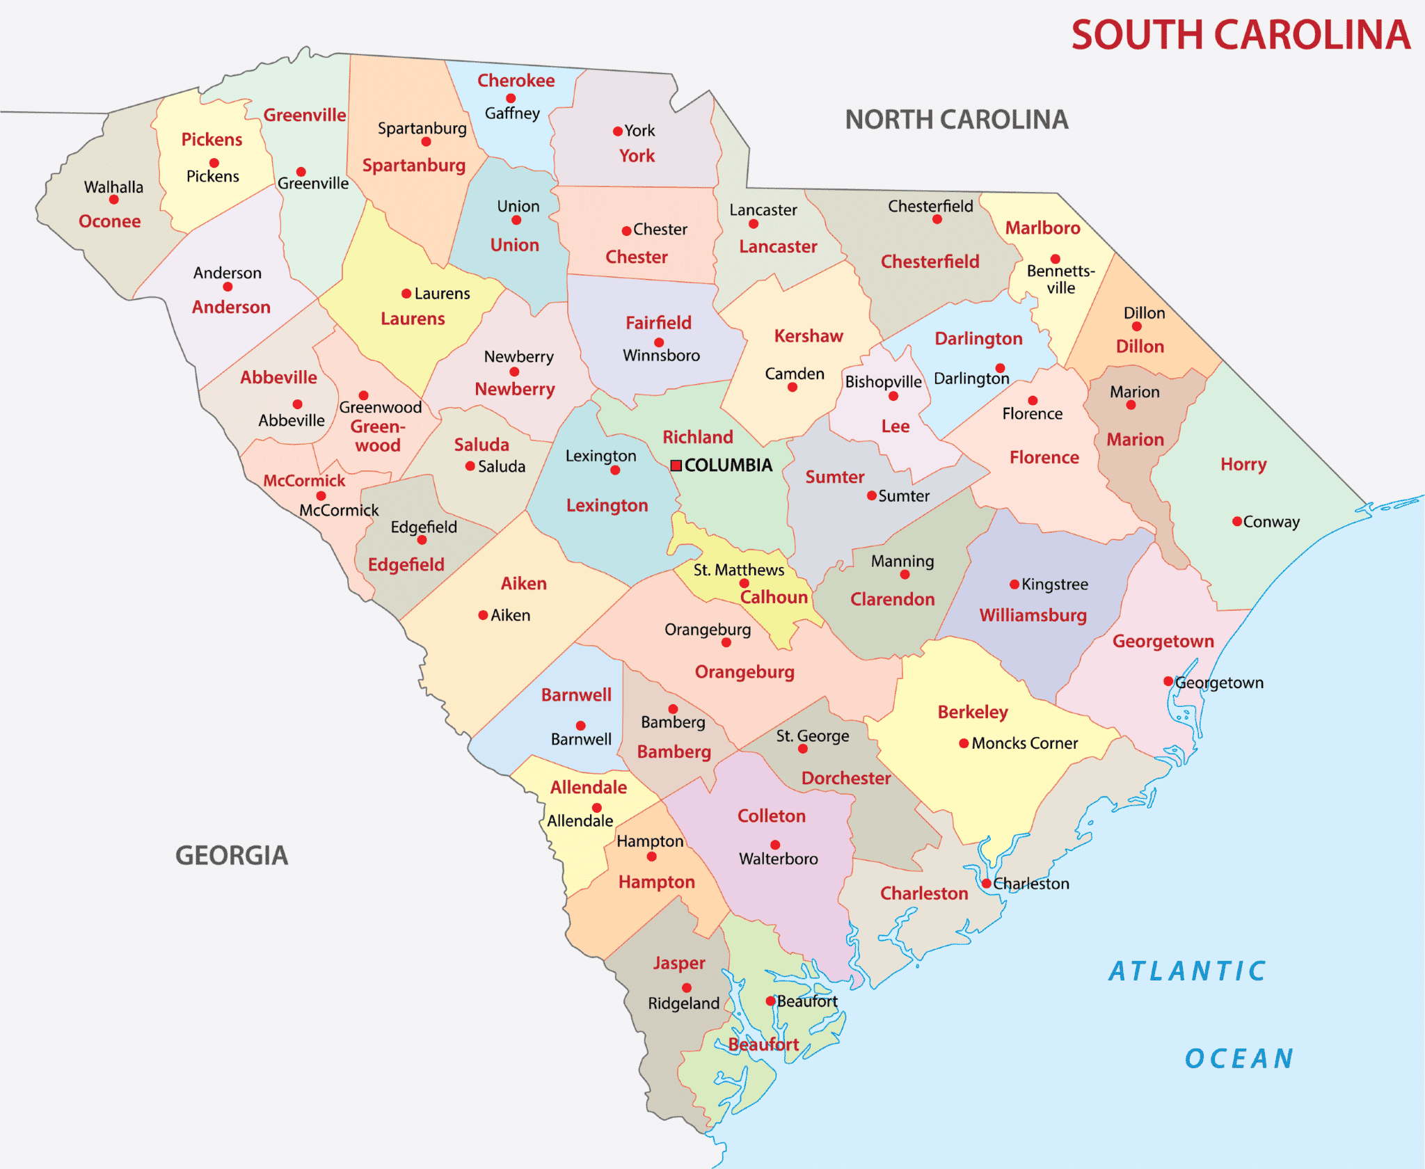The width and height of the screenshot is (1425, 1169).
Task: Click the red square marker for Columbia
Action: point(676,466)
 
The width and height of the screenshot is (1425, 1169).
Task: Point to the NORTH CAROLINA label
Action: point(956,120)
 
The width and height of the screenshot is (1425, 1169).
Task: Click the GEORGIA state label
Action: point(231,855)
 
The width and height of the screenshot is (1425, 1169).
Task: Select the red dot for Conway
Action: point(1237,521)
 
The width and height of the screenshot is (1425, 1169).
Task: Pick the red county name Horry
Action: point(1243,464)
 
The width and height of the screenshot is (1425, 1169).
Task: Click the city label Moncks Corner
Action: point(1024,743)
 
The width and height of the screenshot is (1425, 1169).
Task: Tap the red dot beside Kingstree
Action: point(1014,584)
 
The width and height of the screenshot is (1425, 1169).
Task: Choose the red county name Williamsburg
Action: point(1033,615)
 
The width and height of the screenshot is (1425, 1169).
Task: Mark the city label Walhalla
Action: point(113,187)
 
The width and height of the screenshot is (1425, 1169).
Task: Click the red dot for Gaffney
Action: point(511,98)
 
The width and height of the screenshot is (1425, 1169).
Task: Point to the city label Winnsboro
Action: point(661,356)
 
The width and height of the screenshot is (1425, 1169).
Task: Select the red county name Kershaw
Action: point(809,336)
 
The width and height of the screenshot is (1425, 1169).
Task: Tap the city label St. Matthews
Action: point(738,570)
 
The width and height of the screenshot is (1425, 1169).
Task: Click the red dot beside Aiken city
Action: point(483,615)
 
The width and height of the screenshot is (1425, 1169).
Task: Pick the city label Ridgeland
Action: point(683,1003)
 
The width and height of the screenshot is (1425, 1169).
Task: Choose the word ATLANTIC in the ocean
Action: point(1187,971)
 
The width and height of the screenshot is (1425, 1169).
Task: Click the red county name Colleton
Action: point(771,816)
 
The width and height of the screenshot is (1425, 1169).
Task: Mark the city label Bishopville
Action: point(883,381)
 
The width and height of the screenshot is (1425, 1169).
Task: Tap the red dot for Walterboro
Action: point(775,845)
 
